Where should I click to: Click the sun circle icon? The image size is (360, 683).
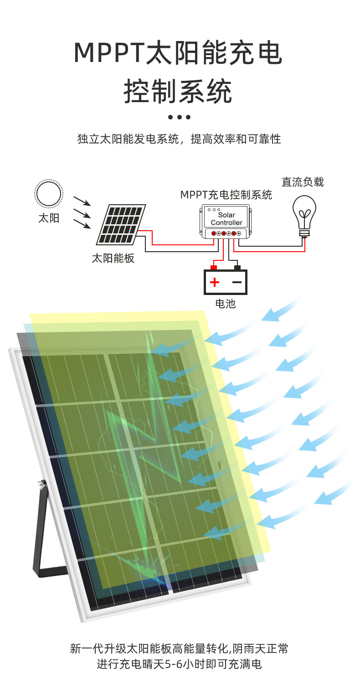click(48, 194)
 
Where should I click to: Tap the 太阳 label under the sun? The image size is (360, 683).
click(48, 218)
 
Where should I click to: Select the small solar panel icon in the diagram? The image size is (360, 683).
click(121, 224)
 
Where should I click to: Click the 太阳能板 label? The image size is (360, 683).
click(113, 259)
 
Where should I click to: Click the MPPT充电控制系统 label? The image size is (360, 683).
click(226, 195)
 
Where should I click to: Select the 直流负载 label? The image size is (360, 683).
click(303, 182)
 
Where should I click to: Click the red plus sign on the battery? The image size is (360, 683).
click(215, 282)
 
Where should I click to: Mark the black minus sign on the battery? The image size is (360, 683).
click(237, 282)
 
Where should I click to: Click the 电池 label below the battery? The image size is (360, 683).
click(225, 304)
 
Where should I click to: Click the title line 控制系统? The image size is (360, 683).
click(178, 91)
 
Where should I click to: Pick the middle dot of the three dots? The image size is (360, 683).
click(180, 117)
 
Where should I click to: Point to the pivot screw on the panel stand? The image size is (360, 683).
click(43, 485)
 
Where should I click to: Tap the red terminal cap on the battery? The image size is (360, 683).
click(213, 267)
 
